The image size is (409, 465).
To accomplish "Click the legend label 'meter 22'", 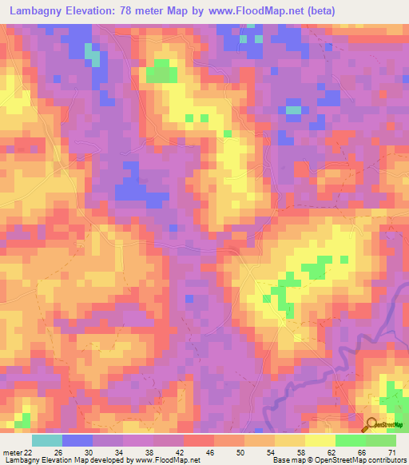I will [17, 452].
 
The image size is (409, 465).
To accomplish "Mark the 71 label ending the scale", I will [391, 452].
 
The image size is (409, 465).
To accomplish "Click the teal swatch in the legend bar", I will [47, 440].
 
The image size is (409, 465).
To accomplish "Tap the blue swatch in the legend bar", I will [77, 440].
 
